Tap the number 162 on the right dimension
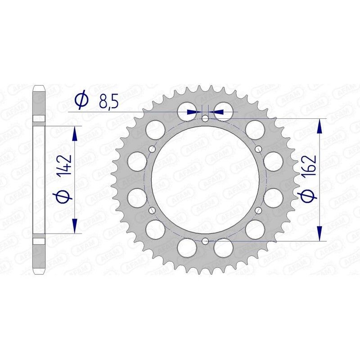tap(309, 166)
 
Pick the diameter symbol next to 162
tap(309, 195)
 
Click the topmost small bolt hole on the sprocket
tap(205, 119)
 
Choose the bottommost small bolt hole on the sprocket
tap(205, 241)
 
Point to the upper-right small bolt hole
tap(258, 149)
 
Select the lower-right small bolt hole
tap(258, 210)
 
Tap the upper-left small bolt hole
tap(152, 149)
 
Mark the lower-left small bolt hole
tap(152, 210)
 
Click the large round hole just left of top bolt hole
tap(186, 110)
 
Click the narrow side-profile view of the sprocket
tap(40, 180)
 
